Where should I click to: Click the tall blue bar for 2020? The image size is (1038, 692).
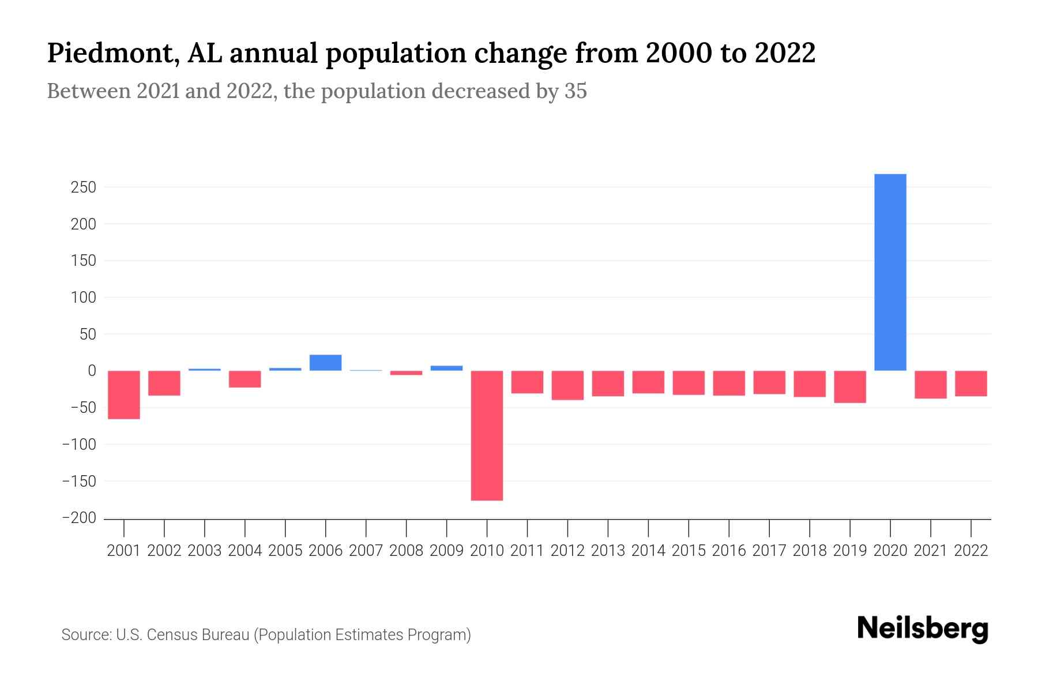[x=890, y=272]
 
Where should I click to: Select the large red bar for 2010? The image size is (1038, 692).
[x=487, y=435]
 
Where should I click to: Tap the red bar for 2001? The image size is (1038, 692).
[x=124, y=395]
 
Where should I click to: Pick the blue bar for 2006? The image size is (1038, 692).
[x=325, y=363]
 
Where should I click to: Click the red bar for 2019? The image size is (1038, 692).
[x=849, y=387]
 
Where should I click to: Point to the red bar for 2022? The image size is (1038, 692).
[x=971, y=383]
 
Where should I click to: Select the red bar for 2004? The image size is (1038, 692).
[x=245, y=379]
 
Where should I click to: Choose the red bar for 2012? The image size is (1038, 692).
[x=567, y=385]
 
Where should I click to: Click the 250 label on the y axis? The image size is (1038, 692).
[x=83, y=187]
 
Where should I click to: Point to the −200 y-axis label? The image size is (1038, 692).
[x=79, y=518]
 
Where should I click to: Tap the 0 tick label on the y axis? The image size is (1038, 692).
[x=91, y=371]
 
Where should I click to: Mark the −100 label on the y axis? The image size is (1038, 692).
[x=79, y=445]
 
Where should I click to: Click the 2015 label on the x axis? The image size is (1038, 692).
[x=689, y=551]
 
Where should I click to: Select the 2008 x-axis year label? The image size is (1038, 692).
[x=406, y=551]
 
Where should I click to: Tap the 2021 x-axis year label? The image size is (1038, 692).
[x=930, y=551]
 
